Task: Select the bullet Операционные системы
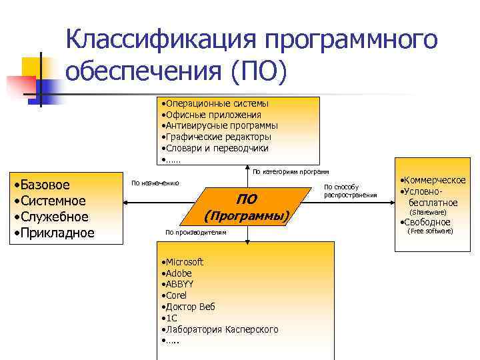217,103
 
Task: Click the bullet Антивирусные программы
221,125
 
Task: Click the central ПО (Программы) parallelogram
247,207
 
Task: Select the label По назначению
155,182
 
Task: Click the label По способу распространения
350,191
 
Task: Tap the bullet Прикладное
54,233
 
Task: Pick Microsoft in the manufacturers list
183,262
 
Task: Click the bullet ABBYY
177,284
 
